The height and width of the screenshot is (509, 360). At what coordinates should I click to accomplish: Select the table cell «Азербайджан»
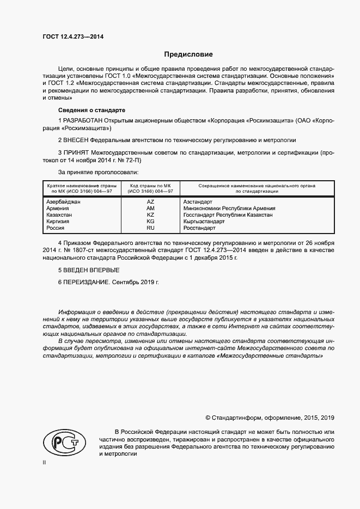(x=64, y=201)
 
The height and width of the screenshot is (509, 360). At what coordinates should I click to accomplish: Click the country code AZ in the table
(x=151, y=201)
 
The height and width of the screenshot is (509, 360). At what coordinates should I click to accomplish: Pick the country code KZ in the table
(x=151, y=215)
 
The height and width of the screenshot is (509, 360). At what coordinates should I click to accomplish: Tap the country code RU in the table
(x=151, y=228)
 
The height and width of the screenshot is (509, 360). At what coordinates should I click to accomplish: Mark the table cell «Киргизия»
(x=59, y=222)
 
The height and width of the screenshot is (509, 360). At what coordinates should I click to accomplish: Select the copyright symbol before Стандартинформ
(x=208, y=418)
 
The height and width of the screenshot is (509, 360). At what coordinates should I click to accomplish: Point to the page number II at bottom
(x=45, y=462)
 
